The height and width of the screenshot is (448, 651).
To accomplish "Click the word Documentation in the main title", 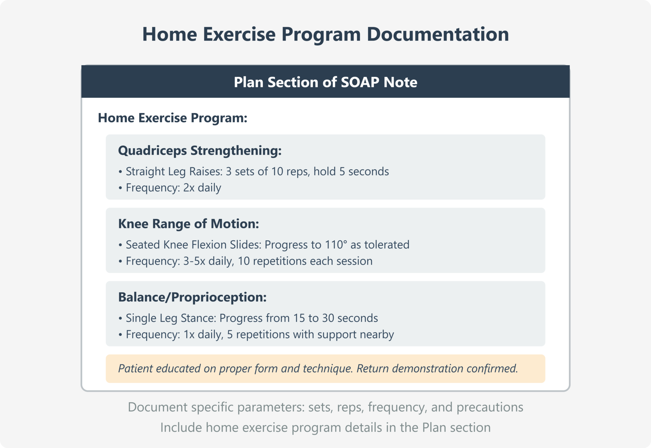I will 438,34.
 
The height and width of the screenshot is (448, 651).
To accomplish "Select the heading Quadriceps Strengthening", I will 200,150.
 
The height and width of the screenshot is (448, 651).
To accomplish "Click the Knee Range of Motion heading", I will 188,224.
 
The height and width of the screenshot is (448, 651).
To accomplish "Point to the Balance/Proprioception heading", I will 192,297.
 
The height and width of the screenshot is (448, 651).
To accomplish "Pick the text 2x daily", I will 202,188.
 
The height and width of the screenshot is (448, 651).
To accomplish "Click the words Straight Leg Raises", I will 174,171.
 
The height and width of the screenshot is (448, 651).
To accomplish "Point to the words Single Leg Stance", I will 171,318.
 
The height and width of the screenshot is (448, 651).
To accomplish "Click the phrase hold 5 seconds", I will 351,171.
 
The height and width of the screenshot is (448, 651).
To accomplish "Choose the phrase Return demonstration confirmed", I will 437,368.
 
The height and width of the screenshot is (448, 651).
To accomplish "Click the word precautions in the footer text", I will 490,407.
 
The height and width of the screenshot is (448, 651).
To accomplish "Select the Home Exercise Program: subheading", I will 172,118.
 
